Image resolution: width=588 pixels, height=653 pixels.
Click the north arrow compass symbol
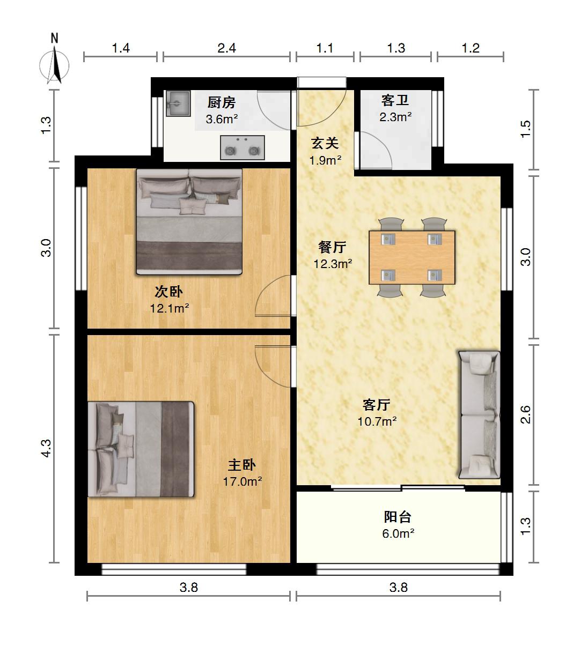(x=54, y=62)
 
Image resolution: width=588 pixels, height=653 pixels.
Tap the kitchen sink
(x=178, y=103)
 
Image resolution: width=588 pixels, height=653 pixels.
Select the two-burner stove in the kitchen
(x=242, y=148)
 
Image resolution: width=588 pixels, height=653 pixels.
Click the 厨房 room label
(x=222, y=103)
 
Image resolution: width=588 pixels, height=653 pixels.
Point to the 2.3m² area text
(x=395, y=117)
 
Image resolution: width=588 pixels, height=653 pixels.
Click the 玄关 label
(x=325, y=143)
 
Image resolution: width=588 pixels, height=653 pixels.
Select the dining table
(x=412, y=257)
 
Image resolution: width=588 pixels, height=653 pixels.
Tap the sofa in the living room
(x=479, y=415)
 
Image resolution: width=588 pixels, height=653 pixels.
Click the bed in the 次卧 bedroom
(x=189, y=221)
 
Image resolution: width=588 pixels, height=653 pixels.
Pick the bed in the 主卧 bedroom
(x=141, y=449)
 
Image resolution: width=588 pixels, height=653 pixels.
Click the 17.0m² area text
(x=242, y=481)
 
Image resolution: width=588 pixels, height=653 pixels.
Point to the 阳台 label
(x=398, y=517)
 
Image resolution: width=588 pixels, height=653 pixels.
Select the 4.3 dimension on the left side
(x=47, y=448)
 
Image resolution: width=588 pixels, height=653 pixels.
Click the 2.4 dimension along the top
(x=227, y=48)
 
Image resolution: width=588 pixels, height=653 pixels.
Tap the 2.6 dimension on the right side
(x=525, y=414)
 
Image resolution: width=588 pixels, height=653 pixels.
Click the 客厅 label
(x=377, y=405)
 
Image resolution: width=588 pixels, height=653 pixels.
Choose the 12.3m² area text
(x=333, y=264)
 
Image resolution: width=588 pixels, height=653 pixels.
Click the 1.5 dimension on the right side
(x=526, y=129)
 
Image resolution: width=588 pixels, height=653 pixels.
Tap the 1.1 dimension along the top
(x=325, y=48)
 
